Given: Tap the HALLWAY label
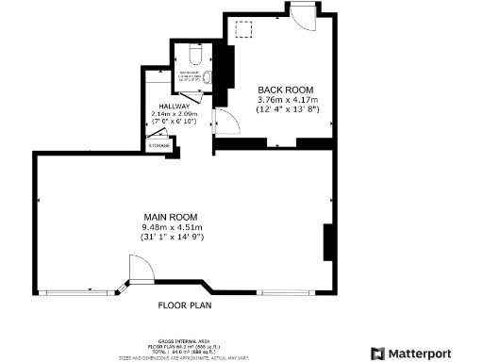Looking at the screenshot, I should pyautogui.click(x=174, y=107).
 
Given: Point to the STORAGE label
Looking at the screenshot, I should pyautogui.click(x=158, y=144).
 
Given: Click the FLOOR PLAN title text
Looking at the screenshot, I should pyautogui.click(x=184, y=305).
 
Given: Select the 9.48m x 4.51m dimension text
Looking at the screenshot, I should pyautogui.click(x=170, y=227).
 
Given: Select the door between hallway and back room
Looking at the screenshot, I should pyautogui.click(x=224, y=121).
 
